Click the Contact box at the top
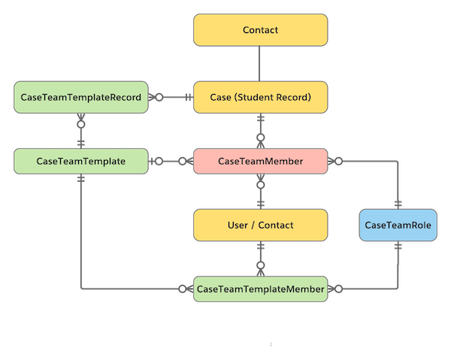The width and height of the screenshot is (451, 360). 260,31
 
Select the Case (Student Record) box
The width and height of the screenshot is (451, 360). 260,97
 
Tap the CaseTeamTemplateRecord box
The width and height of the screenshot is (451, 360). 80,97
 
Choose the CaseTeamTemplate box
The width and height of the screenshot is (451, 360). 80,161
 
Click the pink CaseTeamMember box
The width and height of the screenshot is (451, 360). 260,161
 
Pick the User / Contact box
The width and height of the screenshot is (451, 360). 260,225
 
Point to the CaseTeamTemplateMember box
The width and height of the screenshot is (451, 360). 260,289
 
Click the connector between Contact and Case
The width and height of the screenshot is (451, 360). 260,63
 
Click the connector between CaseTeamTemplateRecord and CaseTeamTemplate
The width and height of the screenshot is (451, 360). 80,130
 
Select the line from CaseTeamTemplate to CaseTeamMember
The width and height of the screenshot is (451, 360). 171,161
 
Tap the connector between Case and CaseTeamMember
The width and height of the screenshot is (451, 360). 260,130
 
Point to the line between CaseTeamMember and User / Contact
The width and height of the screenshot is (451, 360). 260,192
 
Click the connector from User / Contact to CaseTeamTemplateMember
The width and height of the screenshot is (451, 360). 260,256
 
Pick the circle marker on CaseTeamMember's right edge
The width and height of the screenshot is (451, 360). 338,161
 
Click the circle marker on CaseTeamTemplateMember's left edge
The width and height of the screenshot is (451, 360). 183,289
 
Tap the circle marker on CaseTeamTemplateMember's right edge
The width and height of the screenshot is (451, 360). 338,289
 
